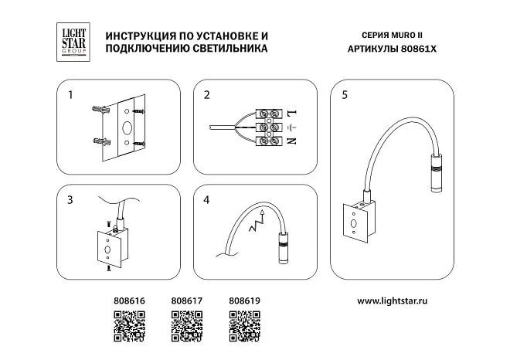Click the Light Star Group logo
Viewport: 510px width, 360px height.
(x=73, y=42)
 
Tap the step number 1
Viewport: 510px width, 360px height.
(x=70, y=95)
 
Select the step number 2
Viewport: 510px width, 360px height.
(x=207, y=95)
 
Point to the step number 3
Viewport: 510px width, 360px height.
(x=70, y=199)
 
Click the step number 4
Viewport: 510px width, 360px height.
(x=206, y=199)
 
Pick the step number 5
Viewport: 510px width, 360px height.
(x=345, y=95)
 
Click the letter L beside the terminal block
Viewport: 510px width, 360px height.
(x=292, y=114)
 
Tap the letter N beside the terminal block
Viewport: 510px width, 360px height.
(x=292, y=141)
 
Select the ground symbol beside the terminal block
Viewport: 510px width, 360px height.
(x=292, y=127)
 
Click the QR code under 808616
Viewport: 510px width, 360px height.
(x=130, y=326)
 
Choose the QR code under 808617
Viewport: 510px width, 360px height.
(x=187, y=326)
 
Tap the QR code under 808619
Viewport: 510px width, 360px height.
(x=245, y=326)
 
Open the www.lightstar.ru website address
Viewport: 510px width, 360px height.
(x=393, y=301)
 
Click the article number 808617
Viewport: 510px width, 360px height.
(x=187, y=301)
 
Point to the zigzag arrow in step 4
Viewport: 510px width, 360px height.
(x=257, y=220)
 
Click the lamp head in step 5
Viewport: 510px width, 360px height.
(x=435, y=173)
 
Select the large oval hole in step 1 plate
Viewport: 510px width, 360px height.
(x=127, y=127)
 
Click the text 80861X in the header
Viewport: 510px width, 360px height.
(x=419, y=49)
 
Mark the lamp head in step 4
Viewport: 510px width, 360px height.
(x=282, y=249)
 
